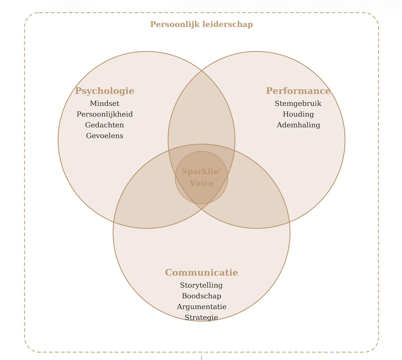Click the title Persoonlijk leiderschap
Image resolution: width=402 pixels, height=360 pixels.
pos(201,24)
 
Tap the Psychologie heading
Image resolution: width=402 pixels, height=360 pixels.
pos(104,91)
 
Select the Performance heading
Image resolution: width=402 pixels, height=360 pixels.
pos(298,91)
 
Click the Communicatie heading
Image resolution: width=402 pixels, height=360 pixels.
pos(201,273)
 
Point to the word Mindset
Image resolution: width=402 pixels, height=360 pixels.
pos(104,103)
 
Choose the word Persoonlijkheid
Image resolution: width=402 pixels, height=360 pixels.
pos(104,114)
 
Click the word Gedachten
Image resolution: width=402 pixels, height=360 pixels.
pos(104,125)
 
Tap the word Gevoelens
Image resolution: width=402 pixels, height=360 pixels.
pos(104,136)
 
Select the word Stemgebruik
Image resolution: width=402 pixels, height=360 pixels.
pos(298,103)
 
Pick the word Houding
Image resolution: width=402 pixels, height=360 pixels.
pos(298,114)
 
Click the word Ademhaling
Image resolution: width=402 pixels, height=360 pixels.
pos(298,125)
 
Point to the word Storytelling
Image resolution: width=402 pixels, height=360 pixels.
pos(201,285)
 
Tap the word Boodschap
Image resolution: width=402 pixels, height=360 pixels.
pos(201,296)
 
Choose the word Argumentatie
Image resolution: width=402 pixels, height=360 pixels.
pos(201,307)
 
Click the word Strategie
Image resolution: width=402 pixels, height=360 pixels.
pos(201,317)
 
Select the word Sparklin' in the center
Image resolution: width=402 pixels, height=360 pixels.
pos(201,171)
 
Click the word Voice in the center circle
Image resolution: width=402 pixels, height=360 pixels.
pos(201,183)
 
